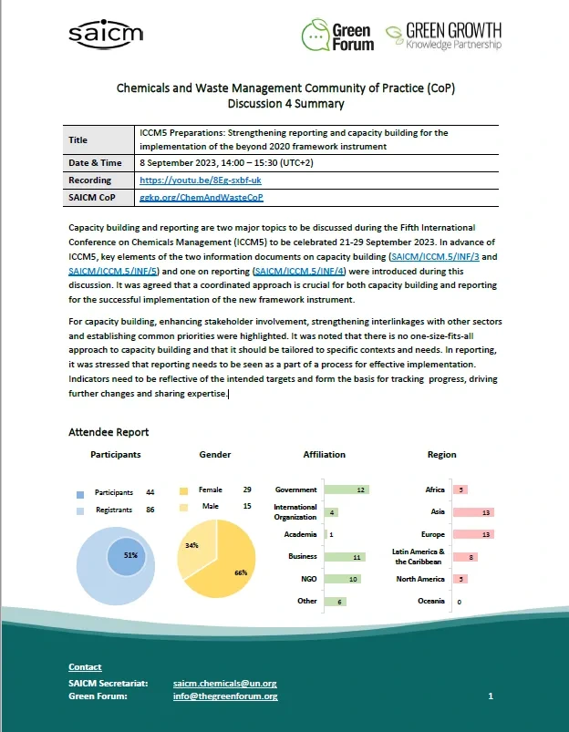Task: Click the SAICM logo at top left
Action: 105,34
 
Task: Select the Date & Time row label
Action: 95,163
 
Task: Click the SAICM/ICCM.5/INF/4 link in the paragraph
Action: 305,271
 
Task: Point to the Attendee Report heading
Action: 109,431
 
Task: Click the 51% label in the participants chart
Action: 129,554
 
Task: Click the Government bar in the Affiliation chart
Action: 346,490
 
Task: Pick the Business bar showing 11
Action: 345,556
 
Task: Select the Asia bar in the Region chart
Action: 474,512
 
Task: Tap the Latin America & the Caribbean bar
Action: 465,556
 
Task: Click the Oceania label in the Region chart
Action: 431,601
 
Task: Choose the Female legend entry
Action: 211,490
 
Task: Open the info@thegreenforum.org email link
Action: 224,696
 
